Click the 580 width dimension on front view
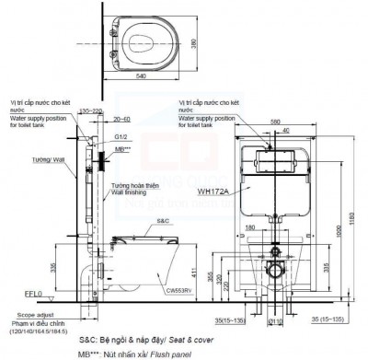pos(274,119)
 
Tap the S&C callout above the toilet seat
pos(162,220)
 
